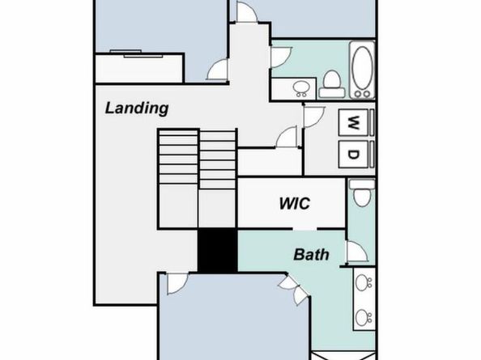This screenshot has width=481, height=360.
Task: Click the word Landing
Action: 137,108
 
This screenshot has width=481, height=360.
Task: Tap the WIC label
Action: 295,203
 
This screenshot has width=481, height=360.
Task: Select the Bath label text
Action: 311,254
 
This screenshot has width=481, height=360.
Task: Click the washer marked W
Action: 353,122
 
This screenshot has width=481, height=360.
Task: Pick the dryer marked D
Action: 353,154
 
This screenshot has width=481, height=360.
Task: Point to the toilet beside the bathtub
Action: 332,84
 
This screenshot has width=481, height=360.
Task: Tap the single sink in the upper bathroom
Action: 300,88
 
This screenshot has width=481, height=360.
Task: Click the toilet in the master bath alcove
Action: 362,193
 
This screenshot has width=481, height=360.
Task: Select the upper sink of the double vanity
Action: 364,282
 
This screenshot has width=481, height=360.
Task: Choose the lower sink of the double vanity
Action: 364,317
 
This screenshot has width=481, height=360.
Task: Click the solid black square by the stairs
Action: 217,250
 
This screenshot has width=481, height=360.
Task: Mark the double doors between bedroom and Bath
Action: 294,290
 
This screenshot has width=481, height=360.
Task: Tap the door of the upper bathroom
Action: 281,57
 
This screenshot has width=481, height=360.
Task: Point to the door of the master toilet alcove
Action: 356,252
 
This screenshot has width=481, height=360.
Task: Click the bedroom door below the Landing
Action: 177,284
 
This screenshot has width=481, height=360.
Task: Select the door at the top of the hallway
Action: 246,11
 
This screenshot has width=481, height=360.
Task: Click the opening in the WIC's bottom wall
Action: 304,229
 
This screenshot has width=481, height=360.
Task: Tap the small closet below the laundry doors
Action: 270,163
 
